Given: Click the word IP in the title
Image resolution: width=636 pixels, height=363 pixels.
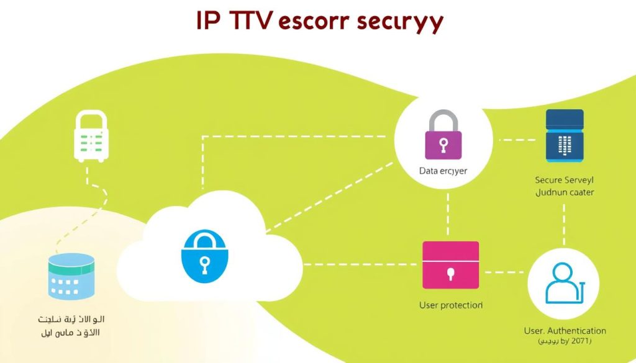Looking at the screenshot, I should pos(211,21).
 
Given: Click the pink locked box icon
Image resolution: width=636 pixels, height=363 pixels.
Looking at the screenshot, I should pos(450,266).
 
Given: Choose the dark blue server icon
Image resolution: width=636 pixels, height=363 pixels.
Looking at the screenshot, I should pos(564,135).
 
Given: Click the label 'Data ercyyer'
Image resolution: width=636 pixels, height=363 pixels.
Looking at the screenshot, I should pos(443,169).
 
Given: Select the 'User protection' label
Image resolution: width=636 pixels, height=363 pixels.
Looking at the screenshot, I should pos(451,305).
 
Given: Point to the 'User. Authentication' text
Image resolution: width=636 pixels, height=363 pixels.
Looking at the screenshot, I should pos(565,331).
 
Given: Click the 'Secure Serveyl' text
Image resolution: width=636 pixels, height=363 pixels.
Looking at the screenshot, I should pos(564,180).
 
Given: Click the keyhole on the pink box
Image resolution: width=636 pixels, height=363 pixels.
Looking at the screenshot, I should pos(450,273).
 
